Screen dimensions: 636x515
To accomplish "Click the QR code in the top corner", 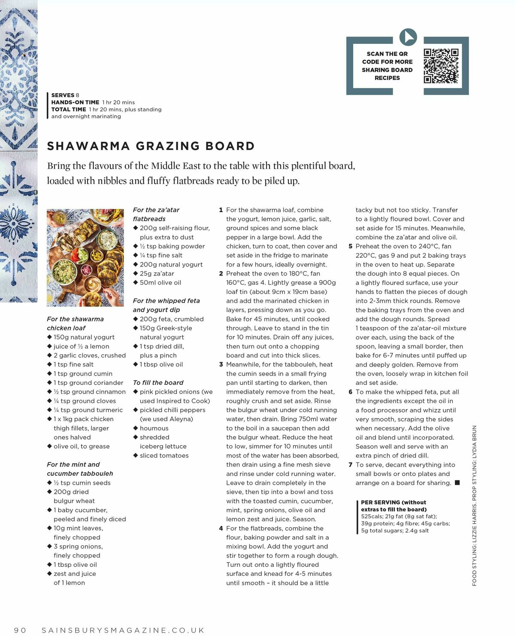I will coord(441,66).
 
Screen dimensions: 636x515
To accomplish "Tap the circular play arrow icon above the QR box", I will coord(408,37).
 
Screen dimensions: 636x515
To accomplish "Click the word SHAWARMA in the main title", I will coord(88,146).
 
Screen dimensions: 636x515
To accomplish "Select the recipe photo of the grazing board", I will coord(85,257).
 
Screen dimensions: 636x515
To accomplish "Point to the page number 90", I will coord(20,630).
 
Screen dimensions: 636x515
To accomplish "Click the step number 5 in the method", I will coord(350,246).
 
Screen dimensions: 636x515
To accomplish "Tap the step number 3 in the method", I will coord(221,364).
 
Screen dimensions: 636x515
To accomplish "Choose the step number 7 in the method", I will coord(350,465).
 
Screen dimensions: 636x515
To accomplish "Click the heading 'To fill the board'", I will coord(158,382).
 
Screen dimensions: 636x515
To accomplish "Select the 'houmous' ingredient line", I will coord(154,428).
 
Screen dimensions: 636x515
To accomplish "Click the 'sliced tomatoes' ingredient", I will coord(164,456).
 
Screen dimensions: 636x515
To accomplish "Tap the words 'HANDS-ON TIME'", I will coord(75,102).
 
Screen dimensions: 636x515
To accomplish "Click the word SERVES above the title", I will coord(63,95).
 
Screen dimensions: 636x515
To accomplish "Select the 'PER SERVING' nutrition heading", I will coord(376,502).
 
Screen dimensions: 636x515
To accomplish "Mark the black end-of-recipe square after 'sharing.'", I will coord(457,483).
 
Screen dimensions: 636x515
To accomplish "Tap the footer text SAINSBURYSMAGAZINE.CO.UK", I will coord(123,630).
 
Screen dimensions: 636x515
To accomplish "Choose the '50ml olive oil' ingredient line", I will coord(160,282).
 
